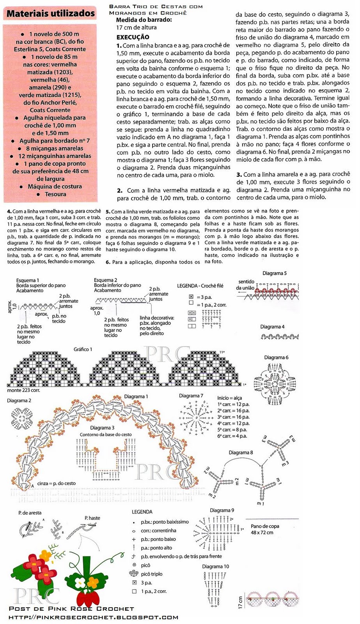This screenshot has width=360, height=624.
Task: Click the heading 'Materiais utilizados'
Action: pyautogui.click(x=51, y=14)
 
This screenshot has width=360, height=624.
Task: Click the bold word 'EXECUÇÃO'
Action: pyautogui.click(x=133, y=37)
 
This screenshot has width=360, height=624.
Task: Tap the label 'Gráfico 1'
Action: pyautogui.click(x=83, y=349)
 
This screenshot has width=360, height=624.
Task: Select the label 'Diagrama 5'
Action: pyautogui.click(x=275, y=273)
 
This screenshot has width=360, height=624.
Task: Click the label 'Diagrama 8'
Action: pyautogui.click(x=241, y=452)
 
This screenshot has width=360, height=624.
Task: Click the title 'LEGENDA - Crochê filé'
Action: pyautogui.click(x=200, y=286)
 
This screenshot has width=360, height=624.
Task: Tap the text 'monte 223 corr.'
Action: pyautogui.click(x=23, y=390)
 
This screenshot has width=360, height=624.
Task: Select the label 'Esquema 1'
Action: pyautogui.click(x=27, y=280)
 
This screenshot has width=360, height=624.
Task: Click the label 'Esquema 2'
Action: pyautogui.click(x=105, y=280)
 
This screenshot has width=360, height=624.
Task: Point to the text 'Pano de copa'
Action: pyautogui.click(x=265, y=526)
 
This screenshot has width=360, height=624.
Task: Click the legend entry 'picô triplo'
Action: pyautogui.click(x=152, y=574)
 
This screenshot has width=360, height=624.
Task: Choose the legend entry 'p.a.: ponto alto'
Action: pyautogui.click(x=156, y=548)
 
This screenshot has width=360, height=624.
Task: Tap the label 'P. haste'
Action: pyautogui.click(x=92, y=518)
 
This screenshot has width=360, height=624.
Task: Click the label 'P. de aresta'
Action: pyautogui.click(x=30, y=513)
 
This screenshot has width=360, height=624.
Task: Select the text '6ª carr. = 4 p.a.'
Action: pyautogui.click(x=232, y=436)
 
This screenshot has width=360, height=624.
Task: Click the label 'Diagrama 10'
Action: pyautogui.click(x=215, y=566)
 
